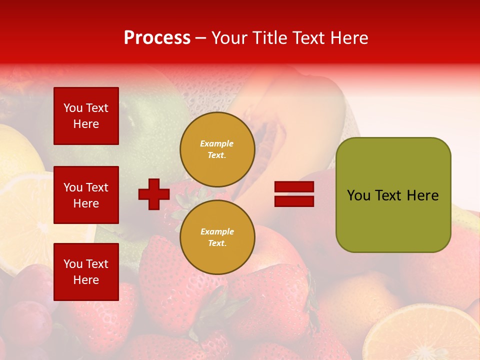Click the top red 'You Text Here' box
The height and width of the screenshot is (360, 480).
tap(86, 116)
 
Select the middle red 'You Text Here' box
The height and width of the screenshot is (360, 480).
tap(86, 195)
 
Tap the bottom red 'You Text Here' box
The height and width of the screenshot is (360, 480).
tap(86, 272)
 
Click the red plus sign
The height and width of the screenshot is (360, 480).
tap(154, 194)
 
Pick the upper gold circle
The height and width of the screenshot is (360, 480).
tap(217, 149)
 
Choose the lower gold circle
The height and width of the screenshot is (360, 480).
tap(217, 237)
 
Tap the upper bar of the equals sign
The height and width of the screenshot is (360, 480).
tap(294, 186)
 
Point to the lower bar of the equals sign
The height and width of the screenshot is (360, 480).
tap(294, 201)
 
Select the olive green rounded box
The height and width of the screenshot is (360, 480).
tap(393, 195)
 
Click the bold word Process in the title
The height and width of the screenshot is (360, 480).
tap(157, 38)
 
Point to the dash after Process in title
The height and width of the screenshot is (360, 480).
tap(201, 38)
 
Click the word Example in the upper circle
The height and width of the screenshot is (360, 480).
tap(217, 143)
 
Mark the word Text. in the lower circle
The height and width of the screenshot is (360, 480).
tap(217, 243)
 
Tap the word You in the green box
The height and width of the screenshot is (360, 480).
tap(358, 195)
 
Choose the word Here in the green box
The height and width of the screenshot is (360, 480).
tap(422, 195)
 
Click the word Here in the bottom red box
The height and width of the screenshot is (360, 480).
tap(86, 280)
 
